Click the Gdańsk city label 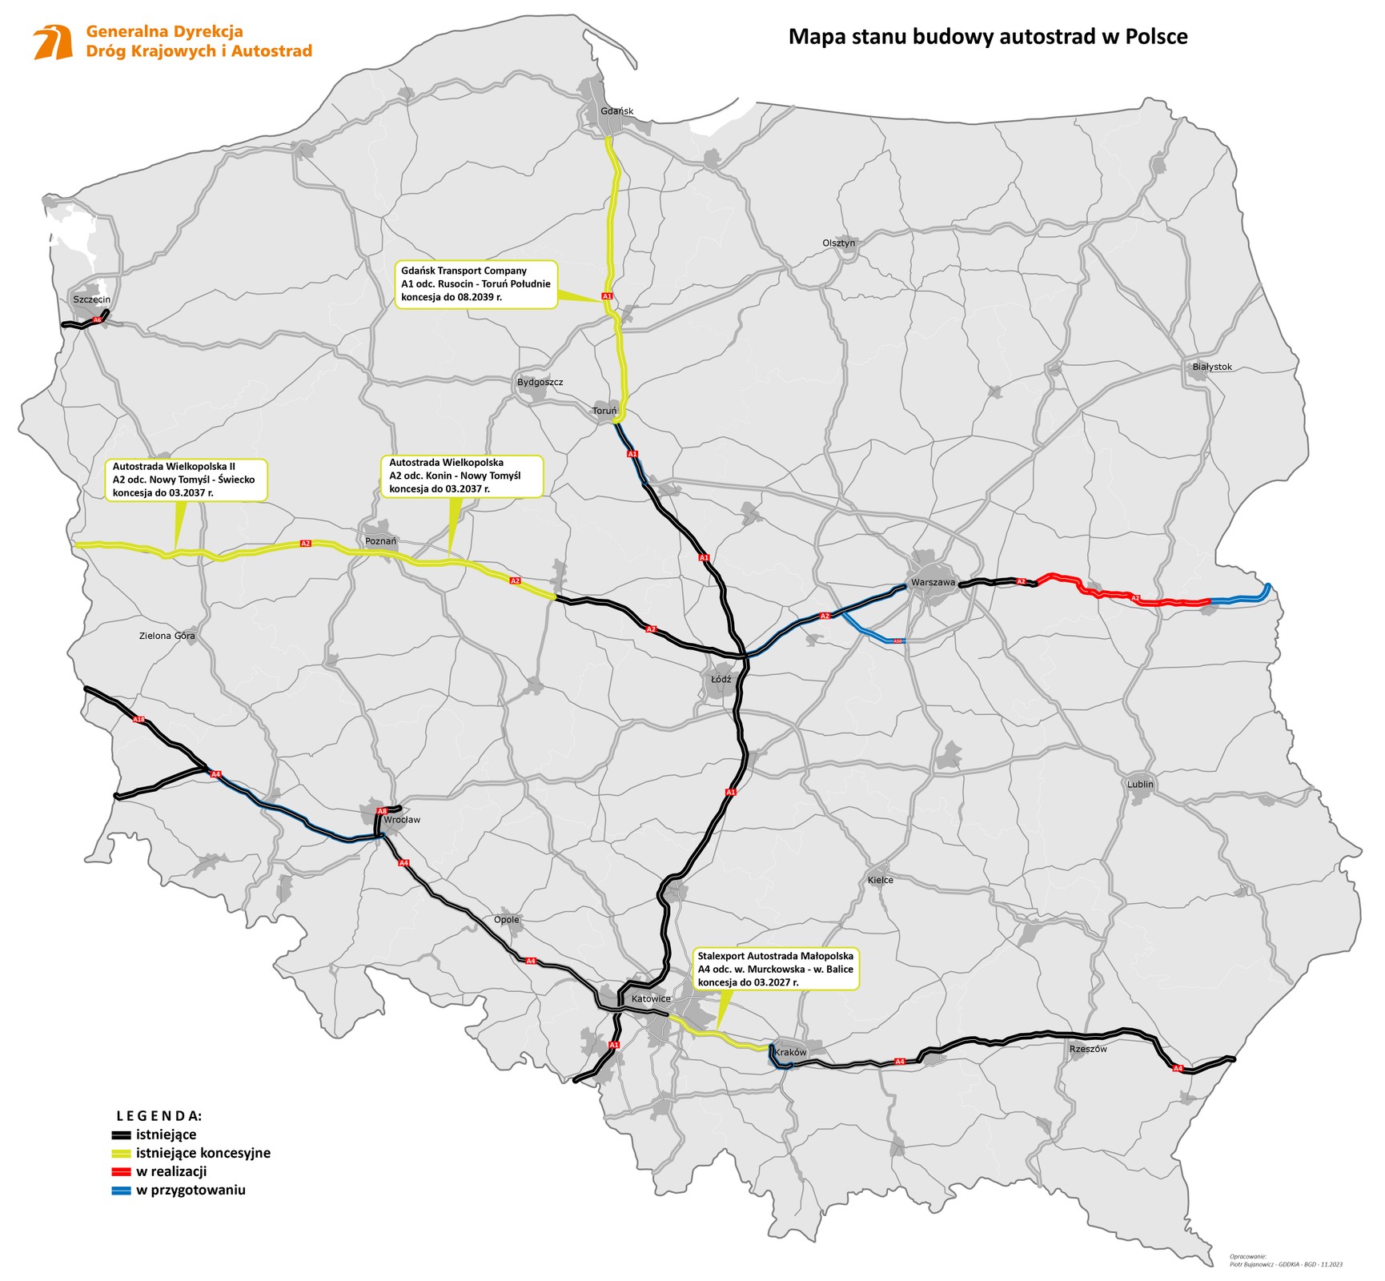click(616, 110)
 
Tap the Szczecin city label click(91, 299)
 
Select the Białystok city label click(1212, 367)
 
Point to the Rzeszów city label click(1087, 1048)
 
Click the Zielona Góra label click(167, 636)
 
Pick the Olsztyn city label click(838, 243)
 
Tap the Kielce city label click(880, 880)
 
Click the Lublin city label click(1140, 784)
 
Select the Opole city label click(506, 919)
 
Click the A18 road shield click(139, 720)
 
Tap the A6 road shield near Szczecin click(98, 320)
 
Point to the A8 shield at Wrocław click(382, 811)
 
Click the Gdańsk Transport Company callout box click(476, 283)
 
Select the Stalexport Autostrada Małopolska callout click(775, 969)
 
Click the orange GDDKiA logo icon click(53, 42)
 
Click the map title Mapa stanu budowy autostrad click(987, 37)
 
